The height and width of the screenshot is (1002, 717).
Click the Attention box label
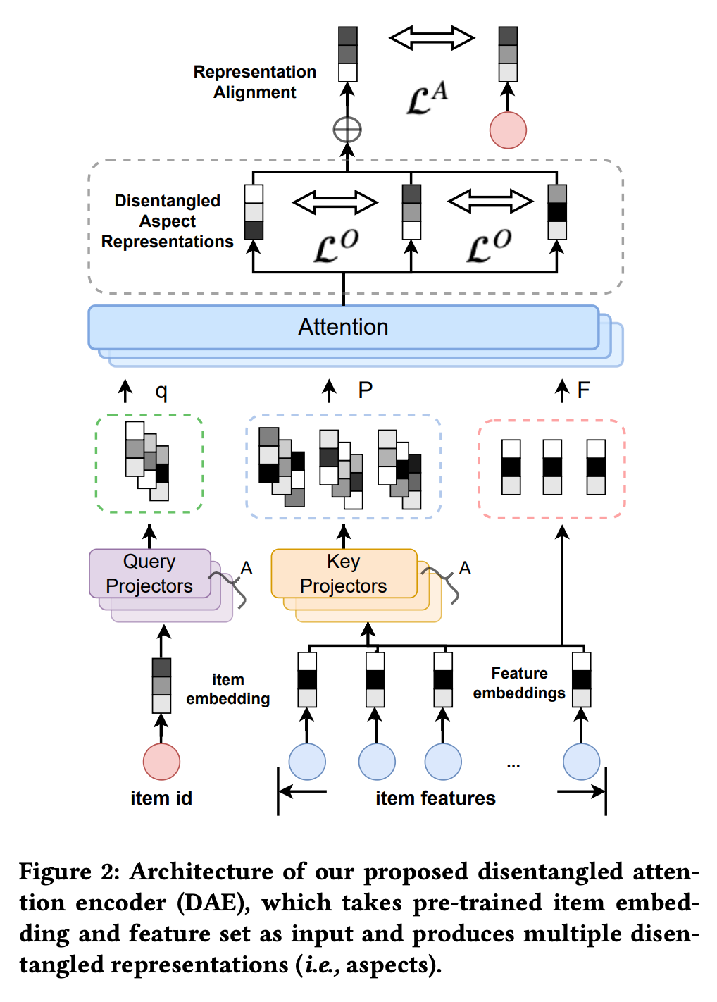click(343, 327)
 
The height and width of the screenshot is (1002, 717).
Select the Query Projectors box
click(150, 574)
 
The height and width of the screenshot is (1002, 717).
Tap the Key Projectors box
click(344, 574)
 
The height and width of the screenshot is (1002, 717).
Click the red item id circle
click(161, 762)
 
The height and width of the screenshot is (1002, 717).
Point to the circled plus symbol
click(347, 130)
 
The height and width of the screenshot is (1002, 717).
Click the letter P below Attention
click(365, 390)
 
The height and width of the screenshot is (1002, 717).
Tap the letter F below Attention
click(583, 390)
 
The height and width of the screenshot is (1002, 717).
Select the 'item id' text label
click(161, 798)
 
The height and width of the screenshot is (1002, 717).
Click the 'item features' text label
click(435, 798)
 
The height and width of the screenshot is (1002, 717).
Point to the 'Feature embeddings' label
click(519, 684)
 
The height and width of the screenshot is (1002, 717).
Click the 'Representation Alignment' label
click(255, 82)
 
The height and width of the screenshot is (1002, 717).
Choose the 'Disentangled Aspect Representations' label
click(168, 221)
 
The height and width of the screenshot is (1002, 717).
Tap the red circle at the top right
click(508, 130)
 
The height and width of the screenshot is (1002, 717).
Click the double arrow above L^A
click(432, 38)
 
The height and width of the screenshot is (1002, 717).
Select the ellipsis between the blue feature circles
click(513, 765)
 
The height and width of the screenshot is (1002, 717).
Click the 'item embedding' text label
click(227, 689)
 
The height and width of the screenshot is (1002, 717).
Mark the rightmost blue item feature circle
click(582, 762)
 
